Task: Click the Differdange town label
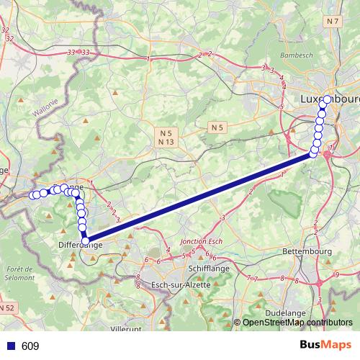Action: click(80, 246)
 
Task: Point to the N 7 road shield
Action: click(332, 22)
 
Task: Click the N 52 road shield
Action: click(6, 307)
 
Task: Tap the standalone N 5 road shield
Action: click(218, 127)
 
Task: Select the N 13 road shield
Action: click(166, 142)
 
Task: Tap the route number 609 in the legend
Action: click(30, 346)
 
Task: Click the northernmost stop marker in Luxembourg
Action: click(327, 100)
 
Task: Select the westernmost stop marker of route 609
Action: click(32, 196)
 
